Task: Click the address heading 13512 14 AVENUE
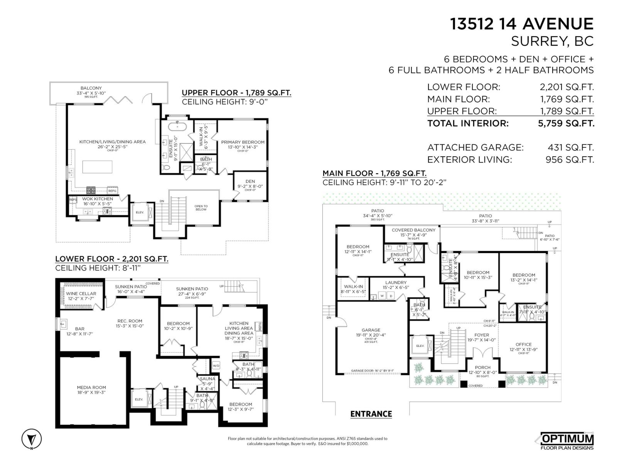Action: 522,24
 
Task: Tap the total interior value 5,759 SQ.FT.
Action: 566,123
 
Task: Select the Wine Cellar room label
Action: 81,294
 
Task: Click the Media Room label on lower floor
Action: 91,387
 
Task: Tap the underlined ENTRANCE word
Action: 371,414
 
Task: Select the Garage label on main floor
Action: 371,330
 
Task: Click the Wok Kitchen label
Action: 98,199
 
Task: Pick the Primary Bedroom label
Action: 243,142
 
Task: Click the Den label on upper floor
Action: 250,181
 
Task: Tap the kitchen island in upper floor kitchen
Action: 97,167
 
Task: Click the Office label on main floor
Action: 523,345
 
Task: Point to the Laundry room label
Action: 396,282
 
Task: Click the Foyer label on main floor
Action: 481,335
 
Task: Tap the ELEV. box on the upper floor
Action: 140,213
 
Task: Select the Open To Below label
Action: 201,208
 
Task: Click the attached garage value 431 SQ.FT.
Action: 570,147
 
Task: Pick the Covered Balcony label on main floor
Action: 413,230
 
